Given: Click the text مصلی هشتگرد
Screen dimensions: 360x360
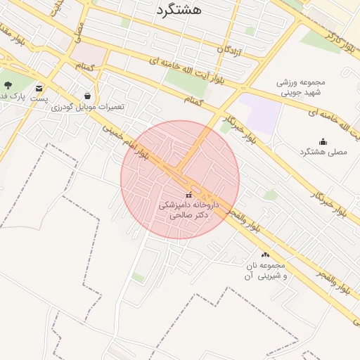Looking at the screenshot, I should (323, 152).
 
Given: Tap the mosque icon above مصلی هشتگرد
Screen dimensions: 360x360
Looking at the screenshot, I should (323, 141).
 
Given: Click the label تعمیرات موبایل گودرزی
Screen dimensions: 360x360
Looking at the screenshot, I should (100, 106).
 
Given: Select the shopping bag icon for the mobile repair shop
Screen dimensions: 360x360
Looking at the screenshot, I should (87, 96).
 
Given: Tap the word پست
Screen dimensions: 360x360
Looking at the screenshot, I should (39, 99).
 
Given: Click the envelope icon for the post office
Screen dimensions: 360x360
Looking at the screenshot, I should (39, 89).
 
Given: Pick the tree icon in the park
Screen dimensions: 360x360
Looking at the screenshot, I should (8, 85).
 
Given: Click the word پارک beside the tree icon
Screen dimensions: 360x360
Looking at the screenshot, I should (23, 94).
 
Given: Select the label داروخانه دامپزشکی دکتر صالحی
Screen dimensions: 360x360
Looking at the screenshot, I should (188, 210).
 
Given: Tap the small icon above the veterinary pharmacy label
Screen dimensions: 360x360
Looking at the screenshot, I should (188, 194).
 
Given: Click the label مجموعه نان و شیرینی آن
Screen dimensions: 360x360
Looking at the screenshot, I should (264, 271).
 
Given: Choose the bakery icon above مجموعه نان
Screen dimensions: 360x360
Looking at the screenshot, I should (265, 255).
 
